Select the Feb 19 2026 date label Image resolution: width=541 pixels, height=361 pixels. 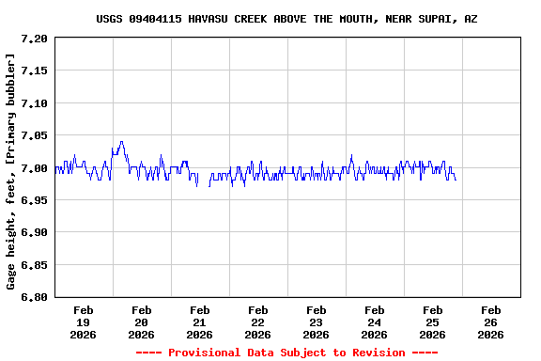[83, 322]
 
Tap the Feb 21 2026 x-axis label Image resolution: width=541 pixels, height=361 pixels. [199, 322]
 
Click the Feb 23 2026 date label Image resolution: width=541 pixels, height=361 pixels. [316, 322]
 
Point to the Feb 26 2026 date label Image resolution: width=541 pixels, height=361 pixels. [490, 322]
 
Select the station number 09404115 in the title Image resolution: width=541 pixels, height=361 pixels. [155, 19]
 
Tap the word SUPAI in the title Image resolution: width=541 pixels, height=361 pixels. [441, 19]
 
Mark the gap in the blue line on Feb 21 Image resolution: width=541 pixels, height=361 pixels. [203, 179]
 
